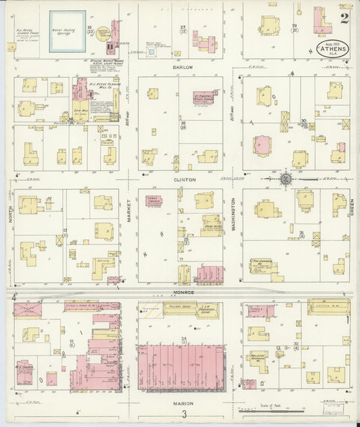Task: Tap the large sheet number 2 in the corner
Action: [x=344, y=18]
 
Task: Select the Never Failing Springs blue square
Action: [x=68, y=31]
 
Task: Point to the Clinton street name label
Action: [x=184, y=180]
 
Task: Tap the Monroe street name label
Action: [x=183, y=292]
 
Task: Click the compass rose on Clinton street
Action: [x=286, y=179]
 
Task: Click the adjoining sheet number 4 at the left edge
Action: [x=13, y=296]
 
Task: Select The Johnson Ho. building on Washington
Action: [x=262, y=266]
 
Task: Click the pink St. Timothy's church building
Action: [x=203, y=98]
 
